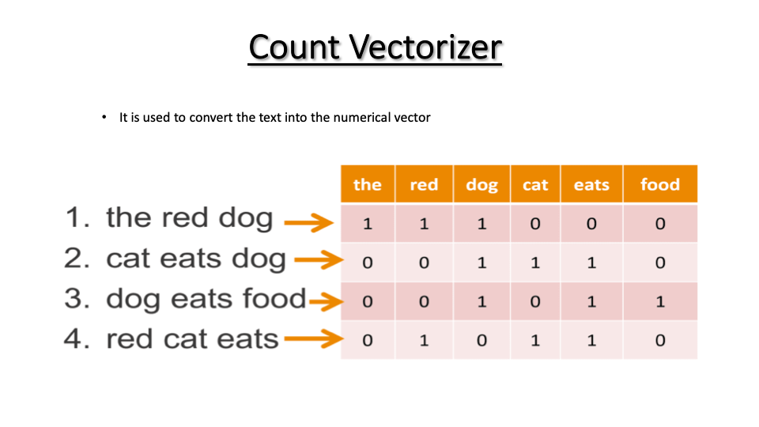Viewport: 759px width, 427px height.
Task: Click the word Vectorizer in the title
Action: coord(425,47)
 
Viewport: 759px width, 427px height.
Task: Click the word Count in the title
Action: coord(294,47)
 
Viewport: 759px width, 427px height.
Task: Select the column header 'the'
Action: coord(368,184)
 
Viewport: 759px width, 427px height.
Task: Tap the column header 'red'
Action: coord(424,184)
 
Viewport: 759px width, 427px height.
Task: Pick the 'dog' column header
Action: coord(481,184)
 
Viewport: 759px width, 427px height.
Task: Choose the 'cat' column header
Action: coord(535,184)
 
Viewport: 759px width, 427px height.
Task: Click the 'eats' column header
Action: coord(591,184)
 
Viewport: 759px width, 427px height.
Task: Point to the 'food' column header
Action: coord(660,184)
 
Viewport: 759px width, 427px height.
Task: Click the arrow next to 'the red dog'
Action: coord(309,223)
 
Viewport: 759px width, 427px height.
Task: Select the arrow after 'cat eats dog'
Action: coord(319,260)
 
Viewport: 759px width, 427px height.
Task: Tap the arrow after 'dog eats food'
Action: coord(327,302)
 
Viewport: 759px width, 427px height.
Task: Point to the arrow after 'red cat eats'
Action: coord(314,339)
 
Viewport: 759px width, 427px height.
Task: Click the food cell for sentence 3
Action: coord(660,301)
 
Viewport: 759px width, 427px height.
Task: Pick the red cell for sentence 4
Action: coord(424,340)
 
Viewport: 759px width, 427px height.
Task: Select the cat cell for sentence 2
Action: coord(535,263)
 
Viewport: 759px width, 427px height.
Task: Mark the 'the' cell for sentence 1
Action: coord(368,223)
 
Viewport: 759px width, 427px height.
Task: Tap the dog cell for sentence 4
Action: coord(481,340)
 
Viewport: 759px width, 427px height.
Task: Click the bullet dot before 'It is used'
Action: coord(104,117)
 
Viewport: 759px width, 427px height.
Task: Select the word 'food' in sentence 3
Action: coord(274,298)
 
